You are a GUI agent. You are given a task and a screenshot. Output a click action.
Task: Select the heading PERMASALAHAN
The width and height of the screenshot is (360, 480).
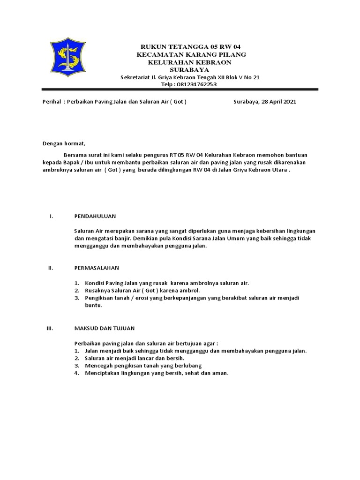pyautogui.click(x=97, y=268)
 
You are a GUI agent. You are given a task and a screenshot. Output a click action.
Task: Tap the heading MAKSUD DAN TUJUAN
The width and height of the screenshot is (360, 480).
pyautogui.click(x=104, y=328)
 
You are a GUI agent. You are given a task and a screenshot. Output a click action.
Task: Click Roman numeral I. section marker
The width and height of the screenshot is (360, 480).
pyautogui.click(x=52, y=216)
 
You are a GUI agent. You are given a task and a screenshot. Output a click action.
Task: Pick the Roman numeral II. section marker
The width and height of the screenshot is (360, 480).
pyautogui.click(x=52, y=268)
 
